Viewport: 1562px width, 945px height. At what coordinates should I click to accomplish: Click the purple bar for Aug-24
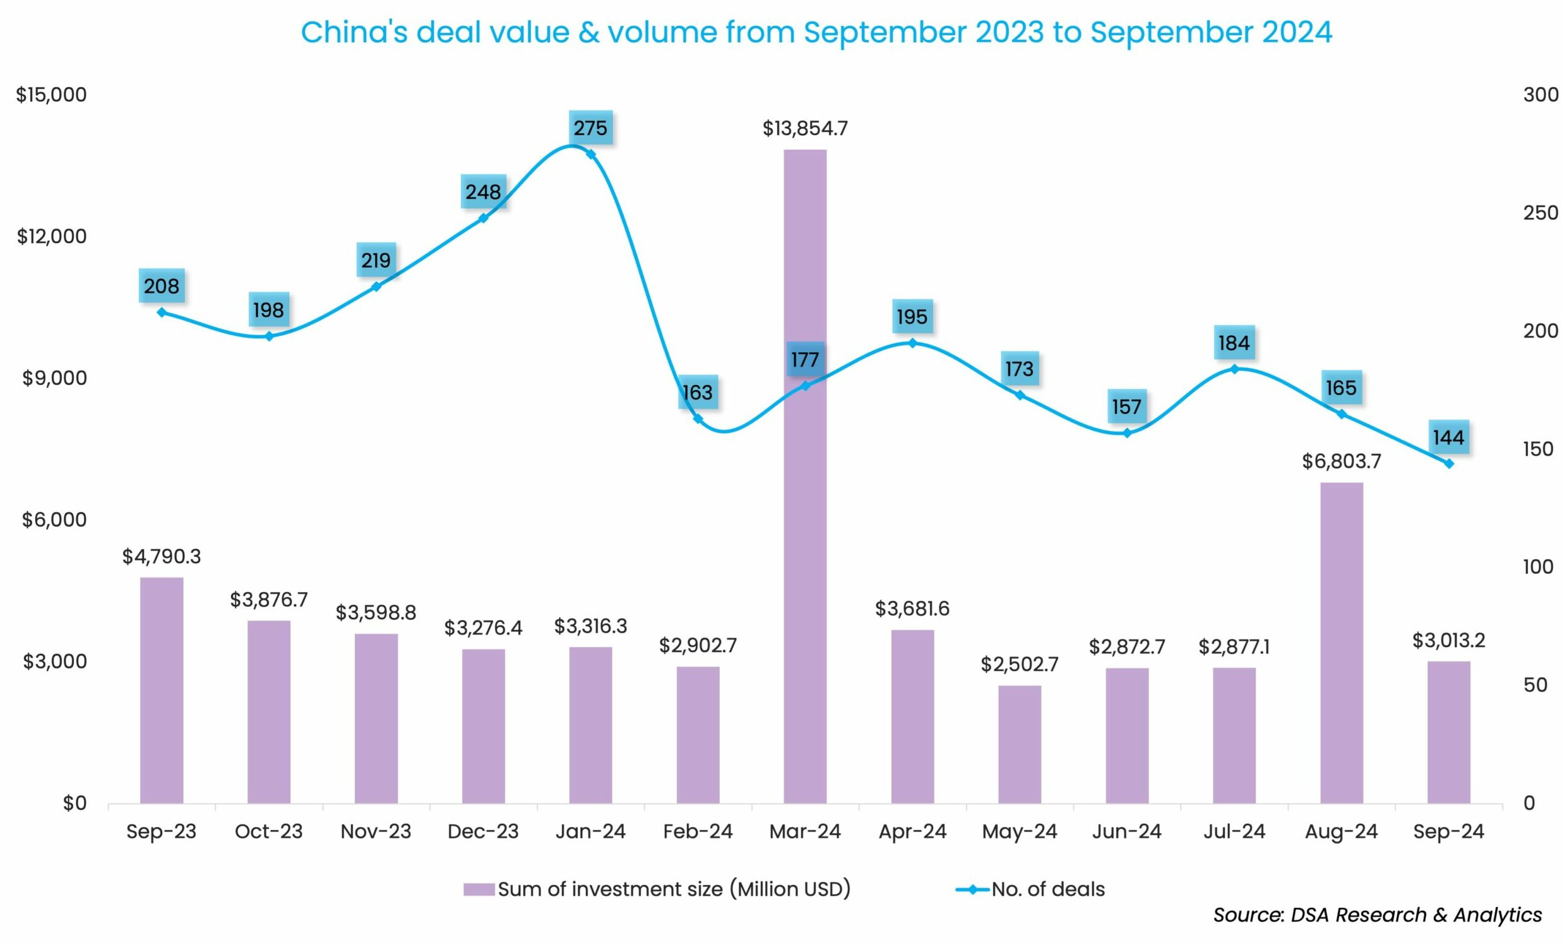point(1342,643)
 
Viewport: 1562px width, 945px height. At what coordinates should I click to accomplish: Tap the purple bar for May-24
point(1020,744)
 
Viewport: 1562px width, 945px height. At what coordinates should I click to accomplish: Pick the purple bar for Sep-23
point(162,690)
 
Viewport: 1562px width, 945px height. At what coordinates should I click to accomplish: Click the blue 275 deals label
point(590,129)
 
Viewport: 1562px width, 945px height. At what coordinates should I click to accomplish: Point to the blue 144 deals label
point(1448,437)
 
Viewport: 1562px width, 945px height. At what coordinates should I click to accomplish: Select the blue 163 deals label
point(697,392)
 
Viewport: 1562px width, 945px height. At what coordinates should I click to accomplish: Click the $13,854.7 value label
point(804,129)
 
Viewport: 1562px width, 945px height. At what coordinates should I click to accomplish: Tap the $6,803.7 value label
point(1342,461)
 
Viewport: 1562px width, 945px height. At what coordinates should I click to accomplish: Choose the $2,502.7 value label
point(1020,664)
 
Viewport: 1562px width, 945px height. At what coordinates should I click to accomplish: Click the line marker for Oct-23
point(269,336)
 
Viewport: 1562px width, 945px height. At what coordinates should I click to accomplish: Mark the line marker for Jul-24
point(1234,369)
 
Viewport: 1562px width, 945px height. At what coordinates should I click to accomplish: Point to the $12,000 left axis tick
point(51,237)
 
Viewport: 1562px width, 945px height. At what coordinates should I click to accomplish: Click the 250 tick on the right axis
point(1540,213)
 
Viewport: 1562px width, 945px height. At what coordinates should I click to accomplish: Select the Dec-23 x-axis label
point(483,831)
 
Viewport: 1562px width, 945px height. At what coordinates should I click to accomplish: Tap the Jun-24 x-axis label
point(1126,831)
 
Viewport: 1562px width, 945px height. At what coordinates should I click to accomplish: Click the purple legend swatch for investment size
point(479,889)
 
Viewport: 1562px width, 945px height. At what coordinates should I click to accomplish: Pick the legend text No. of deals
point(1048,889)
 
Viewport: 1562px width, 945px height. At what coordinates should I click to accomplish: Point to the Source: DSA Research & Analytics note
point(1377,915)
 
